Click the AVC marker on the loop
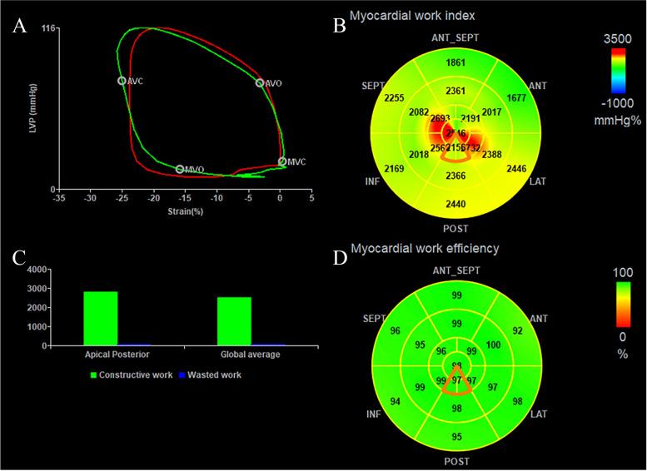click(x=122, y=81)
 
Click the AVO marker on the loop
click(x=260, y=83)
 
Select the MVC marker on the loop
click(x=282, y=161)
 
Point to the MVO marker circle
click(x=180, y=169)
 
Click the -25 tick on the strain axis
click(x=122, y=200)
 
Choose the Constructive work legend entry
click(x=133, y=374)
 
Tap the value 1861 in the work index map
click(x=455, y=63)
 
